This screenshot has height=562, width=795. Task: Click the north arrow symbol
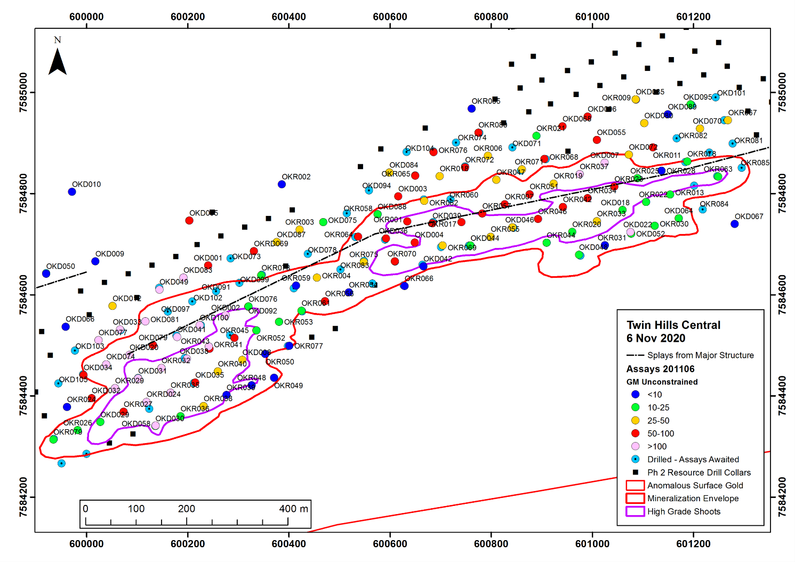pos(58,62)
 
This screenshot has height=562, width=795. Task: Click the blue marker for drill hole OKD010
pos(72,192)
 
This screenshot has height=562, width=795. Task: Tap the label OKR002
pos(296,177)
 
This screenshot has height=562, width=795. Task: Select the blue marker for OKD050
pos(46,274)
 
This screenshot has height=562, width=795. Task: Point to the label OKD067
pos(749,216)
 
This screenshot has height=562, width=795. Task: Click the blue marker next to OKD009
pos(95,261)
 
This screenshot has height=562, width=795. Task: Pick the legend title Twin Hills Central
pos(673,325)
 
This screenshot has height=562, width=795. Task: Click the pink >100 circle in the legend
pos(635,446)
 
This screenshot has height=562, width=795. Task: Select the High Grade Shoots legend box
pos(635,511)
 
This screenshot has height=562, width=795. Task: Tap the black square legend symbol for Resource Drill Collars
pos(635,472)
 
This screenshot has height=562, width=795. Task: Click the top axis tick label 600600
pos(390,17)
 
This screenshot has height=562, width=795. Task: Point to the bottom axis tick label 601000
pos(592,544)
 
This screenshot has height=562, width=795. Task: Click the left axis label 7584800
pos(23,194)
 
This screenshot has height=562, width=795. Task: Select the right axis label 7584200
pos(782,497)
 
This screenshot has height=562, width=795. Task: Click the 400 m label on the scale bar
pos(293,509)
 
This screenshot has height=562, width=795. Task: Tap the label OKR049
pos(288,386)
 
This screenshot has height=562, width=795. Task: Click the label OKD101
pos(731,93)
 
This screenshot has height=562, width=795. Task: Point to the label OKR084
pos(714,204)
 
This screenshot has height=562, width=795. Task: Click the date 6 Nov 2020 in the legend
pos(656,338)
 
